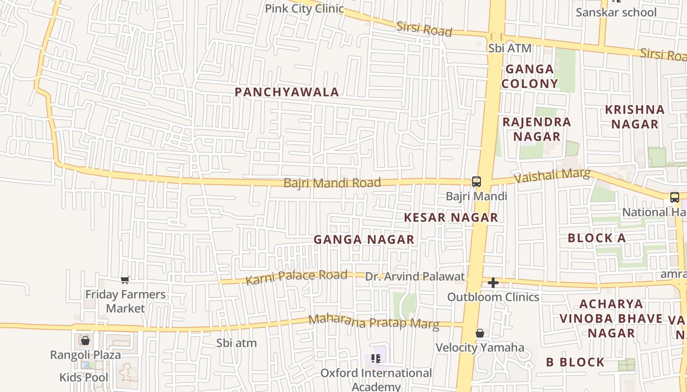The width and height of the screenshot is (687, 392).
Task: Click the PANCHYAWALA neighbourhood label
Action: [287, 92]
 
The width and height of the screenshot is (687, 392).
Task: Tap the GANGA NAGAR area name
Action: [364, 240]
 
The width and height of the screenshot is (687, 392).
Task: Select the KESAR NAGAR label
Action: [451, 218]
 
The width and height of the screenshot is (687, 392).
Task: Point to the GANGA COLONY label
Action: [529, 76]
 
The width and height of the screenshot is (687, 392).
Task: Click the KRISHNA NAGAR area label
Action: [634, 117]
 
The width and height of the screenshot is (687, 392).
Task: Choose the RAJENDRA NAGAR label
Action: [537, 129]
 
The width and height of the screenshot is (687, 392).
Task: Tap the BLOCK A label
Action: [597, 239]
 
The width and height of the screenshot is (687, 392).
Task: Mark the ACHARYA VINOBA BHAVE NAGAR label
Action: [611, 318]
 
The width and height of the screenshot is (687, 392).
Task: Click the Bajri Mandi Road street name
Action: [332, 183]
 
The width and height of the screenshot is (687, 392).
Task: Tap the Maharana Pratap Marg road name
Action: [373, 322]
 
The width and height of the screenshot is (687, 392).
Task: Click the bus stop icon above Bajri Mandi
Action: [476, 182]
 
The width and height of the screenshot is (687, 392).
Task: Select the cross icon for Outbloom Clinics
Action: [493, 283]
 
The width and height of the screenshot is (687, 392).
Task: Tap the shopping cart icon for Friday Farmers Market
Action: [125, 280]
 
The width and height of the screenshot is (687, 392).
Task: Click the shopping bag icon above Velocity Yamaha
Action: [480, 334]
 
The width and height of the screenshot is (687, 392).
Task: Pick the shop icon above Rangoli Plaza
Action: [85, 341]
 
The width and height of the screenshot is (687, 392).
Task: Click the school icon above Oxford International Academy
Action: [376, 359]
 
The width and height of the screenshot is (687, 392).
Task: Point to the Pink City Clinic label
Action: [304, 9]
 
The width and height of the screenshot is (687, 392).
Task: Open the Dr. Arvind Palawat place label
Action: [415, 277]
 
